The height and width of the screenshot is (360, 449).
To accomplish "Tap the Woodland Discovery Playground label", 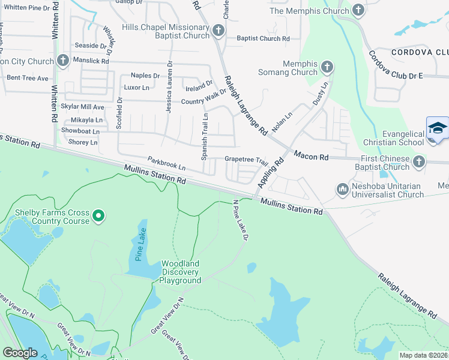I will click(x=180, y=272).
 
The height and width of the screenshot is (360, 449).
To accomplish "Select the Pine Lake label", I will click(x=136, y=238).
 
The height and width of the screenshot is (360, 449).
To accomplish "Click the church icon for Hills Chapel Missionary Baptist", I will click(x=218, y=30).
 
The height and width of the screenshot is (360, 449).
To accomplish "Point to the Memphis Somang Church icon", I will click(x=327, y=67).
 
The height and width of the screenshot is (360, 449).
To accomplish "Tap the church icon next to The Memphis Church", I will click(x=358, y=10).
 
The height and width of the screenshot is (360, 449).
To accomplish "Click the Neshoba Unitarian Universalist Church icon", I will click(x=343, y=189).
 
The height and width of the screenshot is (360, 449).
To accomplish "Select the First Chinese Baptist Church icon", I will click(x=419, y=161).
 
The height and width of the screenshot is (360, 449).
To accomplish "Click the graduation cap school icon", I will click(x=438, y=129).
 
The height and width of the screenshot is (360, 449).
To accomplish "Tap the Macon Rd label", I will click(x=311, y=157).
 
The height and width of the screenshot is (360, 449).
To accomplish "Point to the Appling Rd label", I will click(x=271, y=172).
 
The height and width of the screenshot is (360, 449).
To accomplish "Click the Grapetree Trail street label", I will click(x=246, y=160).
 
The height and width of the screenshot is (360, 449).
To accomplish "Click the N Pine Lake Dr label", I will click(x=241, y=220).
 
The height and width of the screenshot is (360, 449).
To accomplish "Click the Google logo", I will click(x=20, y=353).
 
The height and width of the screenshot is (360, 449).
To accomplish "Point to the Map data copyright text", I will click(x=423, y=355).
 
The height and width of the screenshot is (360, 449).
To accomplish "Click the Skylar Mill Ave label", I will click(x=83, y=107).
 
